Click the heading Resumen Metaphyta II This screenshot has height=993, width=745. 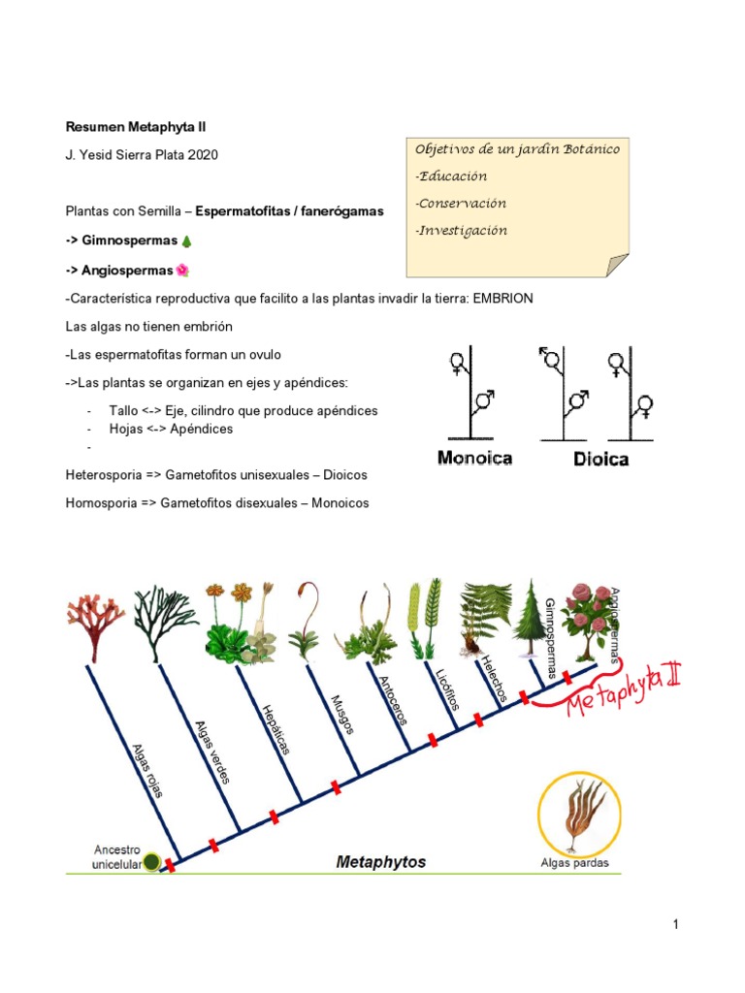click(x=136, y=126)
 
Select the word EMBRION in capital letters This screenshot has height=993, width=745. click(x=502, y=299)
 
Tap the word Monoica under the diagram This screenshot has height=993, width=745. click(x=475, y=458)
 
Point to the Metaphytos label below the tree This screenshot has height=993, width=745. click(x=380, y=861)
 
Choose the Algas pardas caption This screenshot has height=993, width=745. click(x=575, y=863)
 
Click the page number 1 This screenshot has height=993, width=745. click(x=675, y=925)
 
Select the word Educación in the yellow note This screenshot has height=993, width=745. click(x=451, y=176)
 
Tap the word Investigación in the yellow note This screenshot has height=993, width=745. click(x=461, y=231)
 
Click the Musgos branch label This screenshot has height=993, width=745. click(x=341, y=716)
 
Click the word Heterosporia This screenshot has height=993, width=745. click(x=103, y=476)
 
